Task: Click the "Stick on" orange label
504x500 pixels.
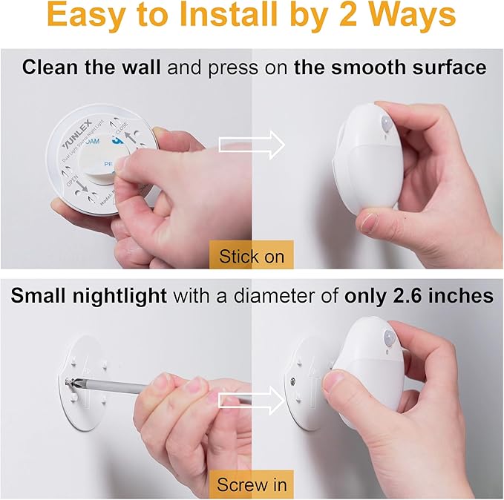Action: coord(252,256)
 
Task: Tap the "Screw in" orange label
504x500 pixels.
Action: coord(252,484)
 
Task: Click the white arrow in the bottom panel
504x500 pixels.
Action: coord(251,401)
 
